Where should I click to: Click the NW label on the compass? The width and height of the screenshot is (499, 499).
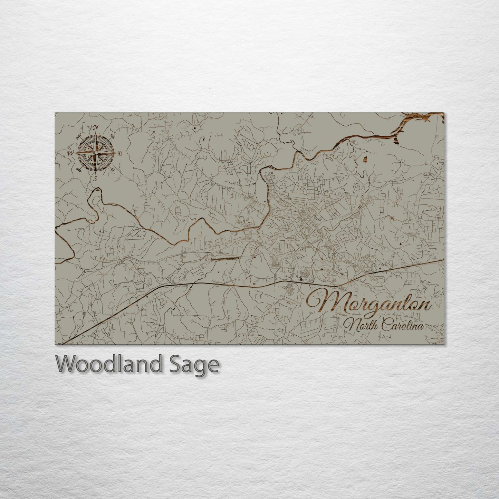point(79,135)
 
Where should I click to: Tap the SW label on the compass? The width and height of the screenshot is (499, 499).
point(78,169)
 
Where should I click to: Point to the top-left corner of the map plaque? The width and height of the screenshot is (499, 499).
point(55,113)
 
